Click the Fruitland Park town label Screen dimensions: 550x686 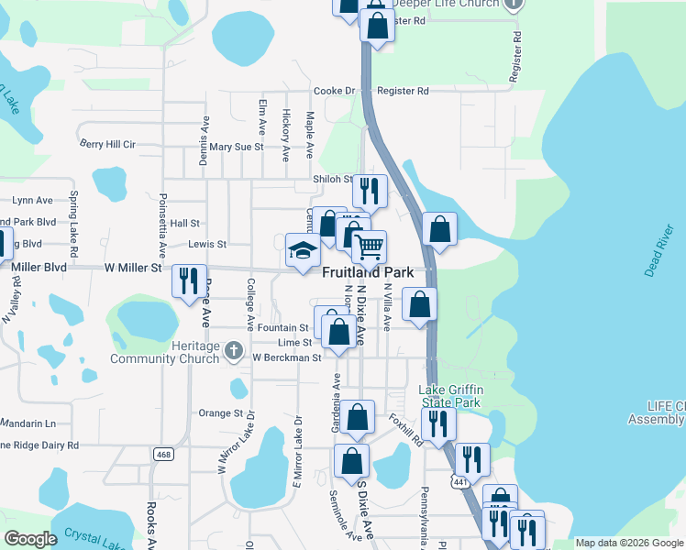[367, 273]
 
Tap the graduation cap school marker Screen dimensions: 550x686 [304, 250]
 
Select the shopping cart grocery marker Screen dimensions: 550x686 [369, 246]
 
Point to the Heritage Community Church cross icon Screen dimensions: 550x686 [234, 349]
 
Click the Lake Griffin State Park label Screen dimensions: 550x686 [450, 396]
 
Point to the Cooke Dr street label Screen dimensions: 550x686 [334, 92]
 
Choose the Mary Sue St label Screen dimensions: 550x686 [236, 147]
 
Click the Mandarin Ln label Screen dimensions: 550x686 [28, 423]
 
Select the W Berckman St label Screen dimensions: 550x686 [286, 357]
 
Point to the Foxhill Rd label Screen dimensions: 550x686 [404, 428]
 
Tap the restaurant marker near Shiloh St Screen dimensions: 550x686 [370, 190]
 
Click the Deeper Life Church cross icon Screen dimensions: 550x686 [514, 4]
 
